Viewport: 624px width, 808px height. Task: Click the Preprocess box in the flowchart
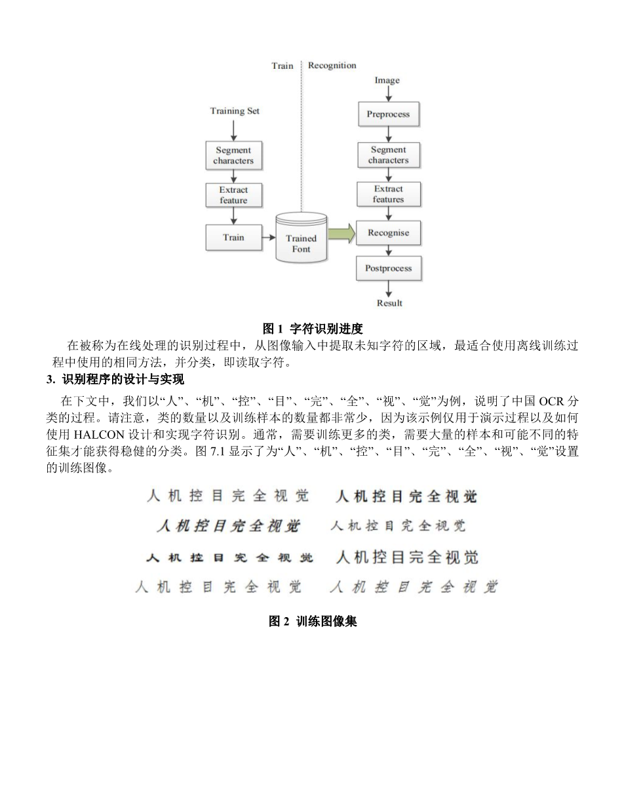(x=388, y=115)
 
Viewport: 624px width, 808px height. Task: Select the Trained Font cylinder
(x=301, y=239)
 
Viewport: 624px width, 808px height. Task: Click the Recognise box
(x=388, y=233)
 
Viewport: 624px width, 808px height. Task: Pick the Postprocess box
(x=388, y=268)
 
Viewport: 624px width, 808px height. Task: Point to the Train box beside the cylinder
(x=233, y=237)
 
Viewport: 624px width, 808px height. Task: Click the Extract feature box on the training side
(x=233, y=195)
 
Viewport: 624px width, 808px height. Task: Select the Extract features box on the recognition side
(x=388, y=194)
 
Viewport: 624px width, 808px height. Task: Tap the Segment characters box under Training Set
(x=233, y=155)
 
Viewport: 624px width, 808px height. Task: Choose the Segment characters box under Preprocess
(x=388, y=155)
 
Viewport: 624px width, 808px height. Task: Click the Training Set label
(x=235, y=111)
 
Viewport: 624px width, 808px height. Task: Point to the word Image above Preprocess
(x=387, y=81)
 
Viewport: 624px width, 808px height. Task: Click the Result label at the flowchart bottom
(x=389, y=303)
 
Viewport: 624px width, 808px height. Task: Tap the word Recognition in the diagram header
(x=332, y=66)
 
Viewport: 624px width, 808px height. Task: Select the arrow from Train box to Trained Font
(x=269, y=237)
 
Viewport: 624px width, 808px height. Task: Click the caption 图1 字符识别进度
(x=313, y=329)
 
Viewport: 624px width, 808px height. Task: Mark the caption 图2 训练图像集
(x=313, y=621)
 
